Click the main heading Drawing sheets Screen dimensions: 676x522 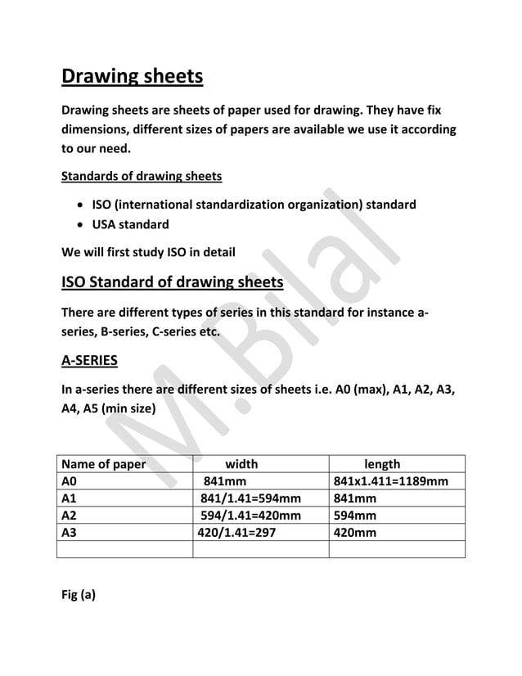click(133, 78)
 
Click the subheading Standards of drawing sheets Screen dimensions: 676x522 click(141, 176)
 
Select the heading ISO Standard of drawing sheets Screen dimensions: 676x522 click(173, 283)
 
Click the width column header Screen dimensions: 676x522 click(241, 464)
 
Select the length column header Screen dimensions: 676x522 click(382, 464)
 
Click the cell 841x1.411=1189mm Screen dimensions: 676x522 click(391, 481)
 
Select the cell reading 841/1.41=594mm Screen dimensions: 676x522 click(250, 498)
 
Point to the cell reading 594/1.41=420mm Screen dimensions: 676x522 click(250, 515)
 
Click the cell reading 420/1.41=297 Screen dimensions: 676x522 click(237, 532)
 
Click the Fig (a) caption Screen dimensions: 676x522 click(79, 595)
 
